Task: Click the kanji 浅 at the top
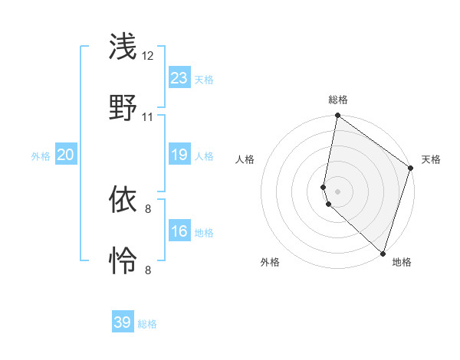(x=123, y=47)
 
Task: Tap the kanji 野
(x=123, y=106)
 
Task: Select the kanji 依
(x=123, y=201)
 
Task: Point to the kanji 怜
(x=123, y=260)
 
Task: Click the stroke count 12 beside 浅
(x=148, y=56)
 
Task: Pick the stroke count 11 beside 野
(x=148, y=117)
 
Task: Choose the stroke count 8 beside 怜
(x=148, y=270)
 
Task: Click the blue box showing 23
(x=179, y=78)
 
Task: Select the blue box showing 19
(x=179, y=155)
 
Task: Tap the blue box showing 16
(x=179, y=231)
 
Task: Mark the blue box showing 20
(x=66, y=155)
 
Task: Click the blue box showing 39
(x=123, y=322)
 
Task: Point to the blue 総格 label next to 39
(x=147, y=324)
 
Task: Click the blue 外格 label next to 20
(x=41, y=156)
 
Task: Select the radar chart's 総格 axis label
(x=338, y=100)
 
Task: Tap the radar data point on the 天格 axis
(x=411, y=169)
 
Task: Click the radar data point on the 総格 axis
(x=337, y=116)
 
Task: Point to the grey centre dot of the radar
(x=337, y=191)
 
